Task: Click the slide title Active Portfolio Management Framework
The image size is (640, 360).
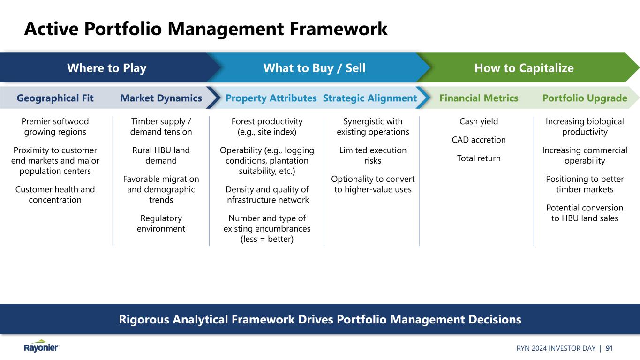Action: [x=206, y=29]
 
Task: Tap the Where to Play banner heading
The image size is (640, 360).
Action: [x=106, y=68]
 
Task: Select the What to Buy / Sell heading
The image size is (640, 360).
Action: [x=314, y=68]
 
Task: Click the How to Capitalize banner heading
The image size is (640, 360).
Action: [x=524, y=68]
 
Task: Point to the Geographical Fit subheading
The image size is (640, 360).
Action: [x=55, y=98]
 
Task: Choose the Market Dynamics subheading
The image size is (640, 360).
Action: [x=161, y=98]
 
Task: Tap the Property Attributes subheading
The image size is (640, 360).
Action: [x=271, y=98]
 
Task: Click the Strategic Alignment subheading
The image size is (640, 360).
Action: [x=369, y=98]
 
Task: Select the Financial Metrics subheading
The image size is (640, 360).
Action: [x=479, y=98]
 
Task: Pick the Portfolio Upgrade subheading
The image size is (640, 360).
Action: [x=585, y=98]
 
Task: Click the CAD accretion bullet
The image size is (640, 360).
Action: [x=479, y=140]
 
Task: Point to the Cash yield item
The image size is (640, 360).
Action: [x=479, y=121]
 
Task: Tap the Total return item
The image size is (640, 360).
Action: [x=479, y=158]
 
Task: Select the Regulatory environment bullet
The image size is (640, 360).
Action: [x=161, y=224]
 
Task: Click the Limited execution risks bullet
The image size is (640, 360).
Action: [x=373, y=156]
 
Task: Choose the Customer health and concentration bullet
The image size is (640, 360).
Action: [x=55, y=195]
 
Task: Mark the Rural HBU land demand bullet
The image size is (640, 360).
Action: [x=161, y=156]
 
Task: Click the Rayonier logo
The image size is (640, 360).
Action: [x=41, y=346]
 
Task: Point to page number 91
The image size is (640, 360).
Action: [x=609, y=348]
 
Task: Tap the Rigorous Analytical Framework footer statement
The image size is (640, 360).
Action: [x=320, y=320]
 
